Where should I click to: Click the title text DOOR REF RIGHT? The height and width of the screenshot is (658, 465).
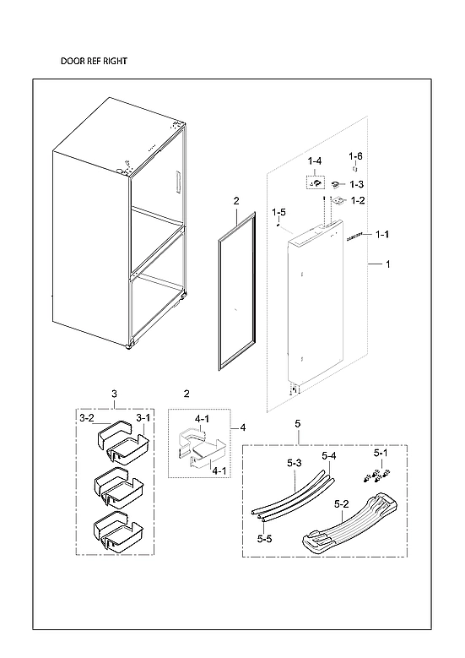94,62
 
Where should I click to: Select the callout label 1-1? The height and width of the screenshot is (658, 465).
381,234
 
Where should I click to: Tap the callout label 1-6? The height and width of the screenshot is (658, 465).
356,156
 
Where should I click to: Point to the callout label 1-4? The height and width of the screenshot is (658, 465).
315,160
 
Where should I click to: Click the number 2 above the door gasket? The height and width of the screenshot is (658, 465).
236,201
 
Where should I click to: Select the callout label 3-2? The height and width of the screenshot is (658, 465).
87,417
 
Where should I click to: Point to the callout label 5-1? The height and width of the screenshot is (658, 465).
381,453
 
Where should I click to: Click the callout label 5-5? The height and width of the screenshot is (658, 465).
264,538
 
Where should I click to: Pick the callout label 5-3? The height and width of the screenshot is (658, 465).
295,463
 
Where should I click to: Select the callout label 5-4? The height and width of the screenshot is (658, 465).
328,456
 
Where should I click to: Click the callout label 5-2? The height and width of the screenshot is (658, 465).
343,504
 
